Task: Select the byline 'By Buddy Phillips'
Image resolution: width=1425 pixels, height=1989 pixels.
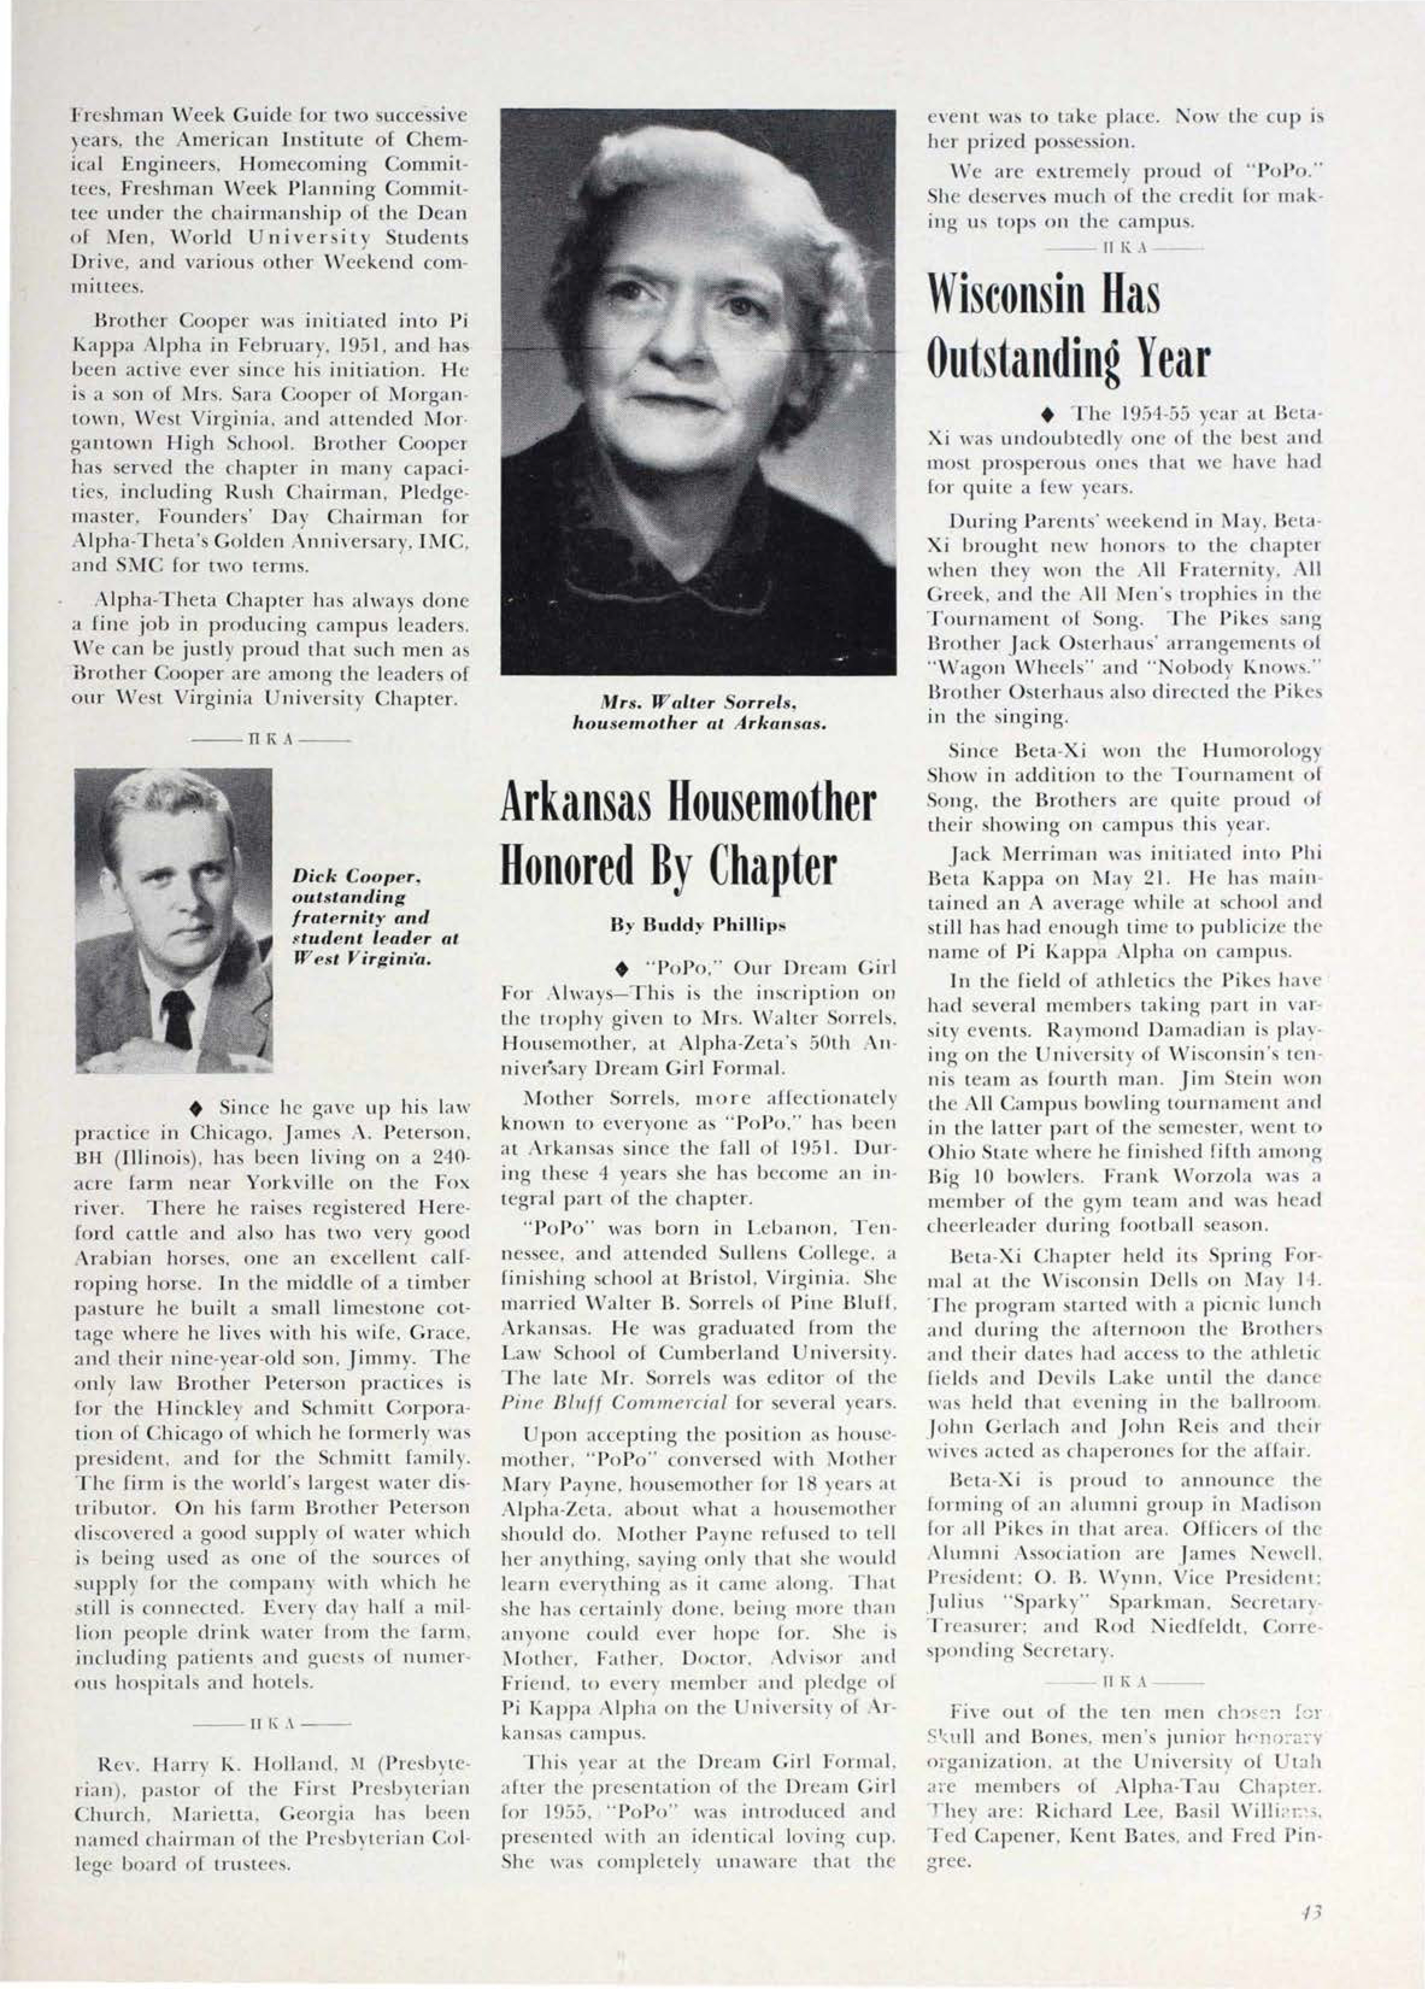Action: point(698,925)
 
